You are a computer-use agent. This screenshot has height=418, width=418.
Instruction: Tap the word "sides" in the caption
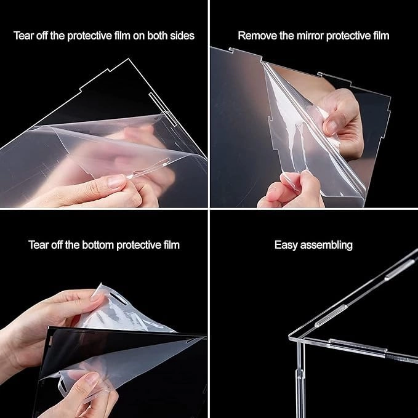[x=181, y=36]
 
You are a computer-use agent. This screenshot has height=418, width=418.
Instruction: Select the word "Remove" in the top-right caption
[x=255, y=36]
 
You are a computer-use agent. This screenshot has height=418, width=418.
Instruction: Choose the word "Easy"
[x=286, y=245]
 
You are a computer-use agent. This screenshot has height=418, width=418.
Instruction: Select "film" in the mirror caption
[x=379, y=36]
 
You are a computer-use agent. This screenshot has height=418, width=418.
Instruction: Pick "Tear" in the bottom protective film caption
[x=38, y=245]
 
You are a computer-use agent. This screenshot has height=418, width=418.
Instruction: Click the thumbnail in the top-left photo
[x=115, y=182]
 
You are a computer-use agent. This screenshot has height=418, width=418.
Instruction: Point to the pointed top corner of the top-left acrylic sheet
[x=131, y=60]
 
